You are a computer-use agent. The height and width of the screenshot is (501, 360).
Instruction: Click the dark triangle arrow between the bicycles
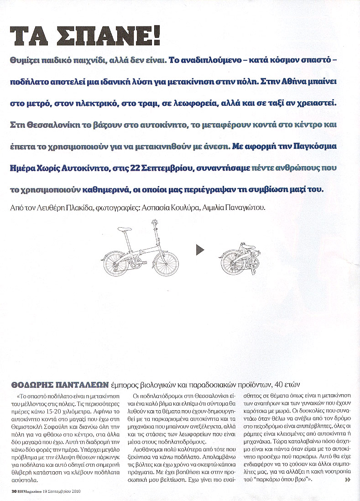pos(199,250)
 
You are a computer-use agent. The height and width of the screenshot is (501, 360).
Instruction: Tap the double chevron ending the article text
pos(349,480)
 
